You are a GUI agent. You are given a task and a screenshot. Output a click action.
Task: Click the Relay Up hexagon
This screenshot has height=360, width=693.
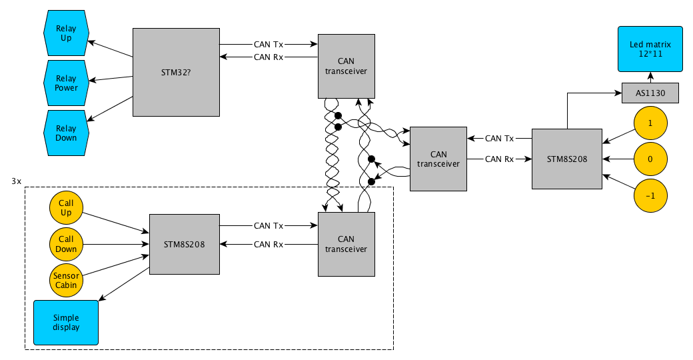click(x=66, y=33)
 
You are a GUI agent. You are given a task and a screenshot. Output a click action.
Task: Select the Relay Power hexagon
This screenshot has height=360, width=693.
click(x=66, y=83)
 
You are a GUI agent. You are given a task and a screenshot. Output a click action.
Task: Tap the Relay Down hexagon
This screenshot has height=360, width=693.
click(x=66, y=133)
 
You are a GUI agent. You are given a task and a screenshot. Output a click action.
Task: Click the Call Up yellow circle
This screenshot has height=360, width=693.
click(x=66, y=208)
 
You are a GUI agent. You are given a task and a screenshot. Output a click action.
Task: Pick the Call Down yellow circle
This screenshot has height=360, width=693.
click(x=66, y=244)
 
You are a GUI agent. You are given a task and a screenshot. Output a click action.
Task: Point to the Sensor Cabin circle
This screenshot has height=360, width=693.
click(x=66, y=280)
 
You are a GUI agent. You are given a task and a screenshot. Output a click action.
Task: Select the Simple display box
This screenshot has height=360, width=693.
click(x=66, y=323)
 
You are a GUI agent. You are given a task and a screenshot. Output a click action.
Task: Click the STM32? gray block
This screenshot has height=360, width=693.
click(x=176, y=72)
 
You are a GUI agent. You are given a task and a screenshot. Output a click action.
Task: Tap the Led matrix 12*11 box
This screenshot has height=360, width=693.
click(x=650, y=49)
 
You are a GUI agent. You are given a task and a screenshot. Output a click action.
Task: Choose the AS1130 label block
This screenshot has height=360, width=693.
click(x=650, y=93)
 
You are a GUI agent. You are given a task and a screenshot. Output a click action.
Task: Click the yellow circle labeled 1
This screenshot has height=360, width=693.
click(x=650, y=123)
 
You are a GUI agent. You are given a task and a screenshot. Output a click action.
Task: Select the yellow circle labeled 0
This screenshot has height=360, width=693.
click(x=650, y=159)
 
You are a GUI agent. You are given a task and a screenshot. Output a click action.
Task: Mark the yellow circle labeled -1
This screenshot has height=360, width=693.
click(x=650, y=195)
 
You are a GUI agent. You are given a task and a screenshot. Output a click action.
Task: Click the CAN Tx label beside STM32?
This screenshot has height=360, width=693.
click(x=269, y=45)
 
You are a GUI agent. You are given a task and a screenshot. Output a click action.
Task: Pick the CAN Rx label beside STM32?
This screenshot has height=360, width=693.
click(x=269, y=57)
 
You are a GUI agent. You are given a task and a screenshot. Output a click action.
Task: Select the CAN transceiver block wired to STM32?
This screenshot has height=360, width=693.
click(x=346, y=66)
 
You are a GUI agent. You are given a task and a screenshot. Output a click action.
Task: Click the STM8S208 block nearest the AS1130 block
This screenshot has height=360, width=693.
click(x=566, y=159)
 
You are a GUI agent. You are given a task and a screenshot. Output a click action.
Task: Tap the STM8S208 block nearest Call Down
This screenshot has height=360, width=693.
click(x=184, y=244)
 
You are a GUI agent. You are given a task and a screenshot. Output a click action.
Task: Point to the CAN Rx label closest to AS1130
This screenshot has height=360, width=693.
click(x=499, y=159)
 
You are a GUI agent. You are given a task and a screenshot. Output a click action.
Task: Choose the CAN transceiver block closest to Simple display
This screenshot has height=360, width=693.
click(x=346, y=244)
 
